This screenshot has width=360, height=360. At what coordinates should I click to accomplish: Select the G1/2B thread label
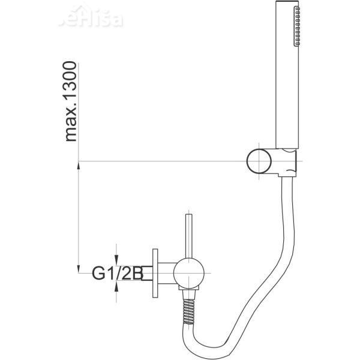pos(116,275)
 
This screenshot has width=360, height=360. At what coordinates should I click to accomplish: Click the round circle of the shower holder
pos(259,162)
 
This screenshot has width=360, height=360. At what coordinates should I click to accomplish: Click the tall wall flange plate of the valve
pos(156,275)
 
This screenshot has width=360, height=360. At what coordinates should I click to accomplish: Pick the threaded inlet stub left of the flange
pos(147,275)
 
